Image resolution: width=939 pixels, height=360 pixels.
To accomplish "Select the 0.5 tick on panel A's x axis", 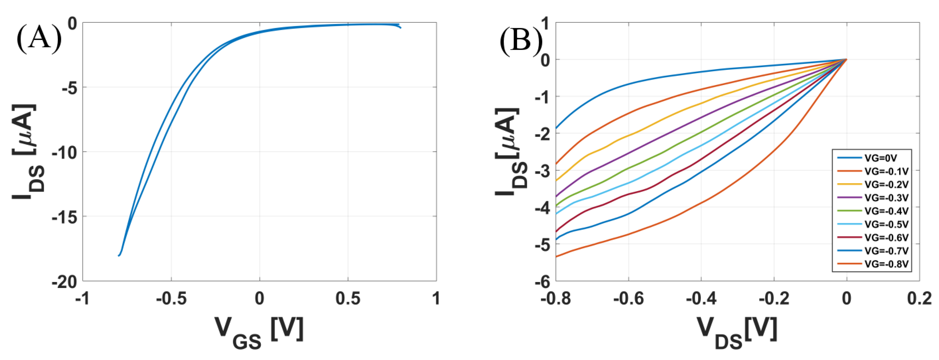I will click(348, 299).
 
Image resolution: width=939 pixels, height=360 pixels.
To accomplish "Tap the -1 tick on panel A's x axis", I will click(83, 299).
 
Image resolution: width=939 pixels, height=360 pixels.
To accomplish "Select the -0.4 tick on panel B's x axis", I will click(701, 299).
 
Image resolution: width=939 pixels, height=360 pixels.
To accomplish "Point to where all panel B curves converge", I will click(846, 59).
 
